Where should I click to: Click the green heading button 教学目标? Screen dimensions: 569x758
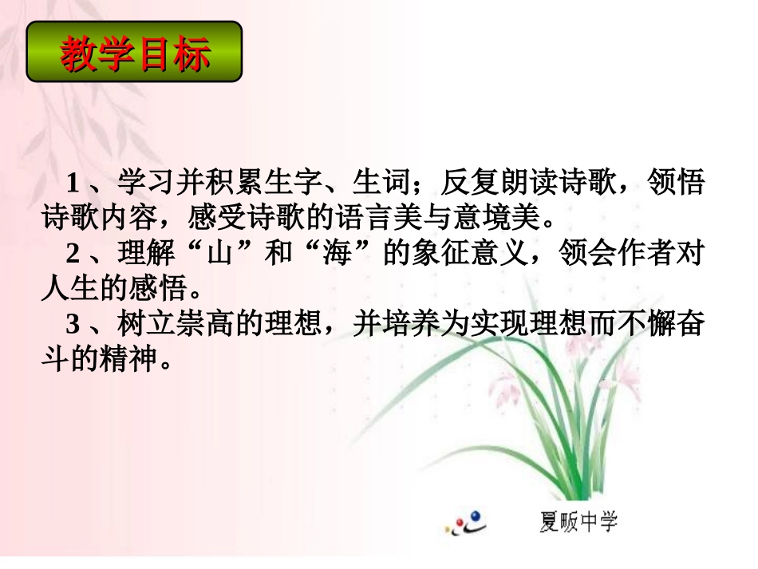134,53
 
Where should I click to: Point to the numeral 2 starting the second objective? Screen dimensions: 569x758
73,255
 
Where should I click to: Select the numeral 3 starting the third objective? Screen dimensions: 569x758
73,326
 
